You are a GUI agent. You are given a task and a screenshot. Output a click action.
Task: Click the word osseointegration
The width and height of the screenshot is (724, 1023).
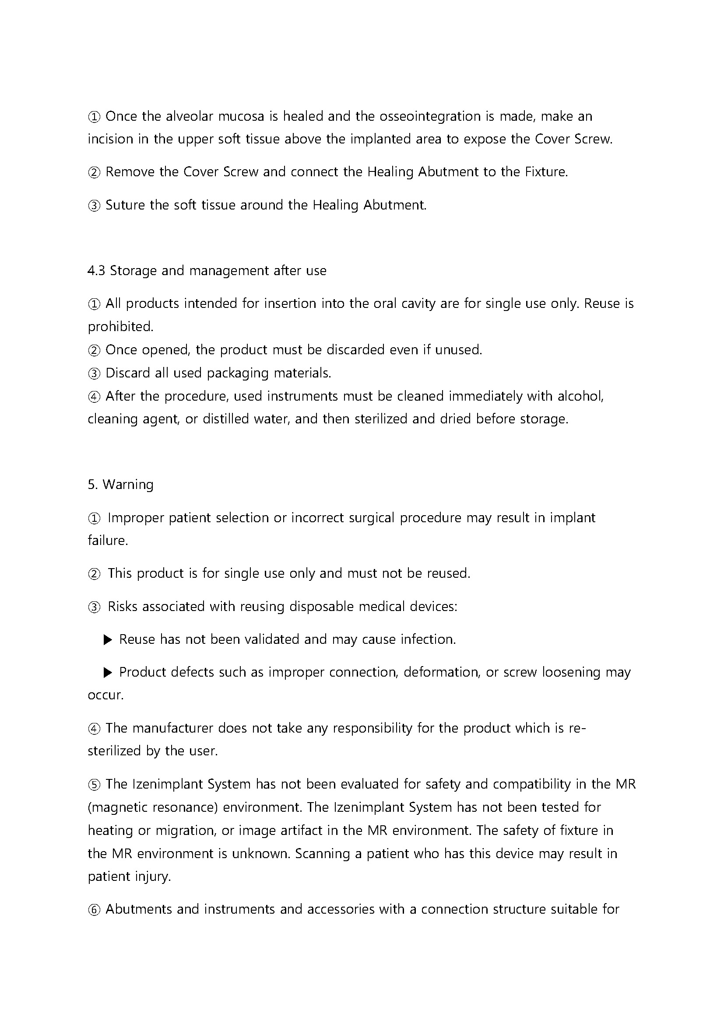coord(430,116)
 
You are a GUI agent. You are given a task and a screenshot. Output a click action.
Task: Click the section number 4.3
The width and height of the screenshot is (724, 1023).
coord(96,270)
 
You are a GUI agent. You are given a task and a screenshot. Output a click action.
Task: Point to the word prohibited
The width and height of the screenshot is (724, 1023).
coord(120,327)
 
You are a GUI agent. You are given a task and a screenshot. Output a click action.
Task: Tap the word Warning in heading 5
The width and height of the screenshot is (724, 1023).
coord(128,484)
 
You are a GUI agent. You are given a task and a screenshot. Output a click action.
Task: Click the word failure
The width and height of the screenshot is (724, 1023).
coord(107,541)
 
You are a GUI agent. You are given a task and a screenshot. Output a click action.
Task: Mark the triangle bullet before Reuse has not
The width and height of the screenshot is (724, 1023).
coord(107,640)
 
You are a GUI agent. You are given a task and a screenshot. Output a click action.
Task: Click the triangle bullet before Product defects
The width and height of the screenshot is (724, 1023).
coord(107,673)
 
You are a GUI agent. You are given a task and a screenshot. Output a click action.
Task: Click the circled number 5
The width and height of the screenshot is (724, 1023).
coord(94,785)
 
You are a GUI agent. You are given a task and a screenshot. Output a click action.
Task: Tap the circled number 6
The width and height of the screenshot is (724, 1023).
coord(94,909)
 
